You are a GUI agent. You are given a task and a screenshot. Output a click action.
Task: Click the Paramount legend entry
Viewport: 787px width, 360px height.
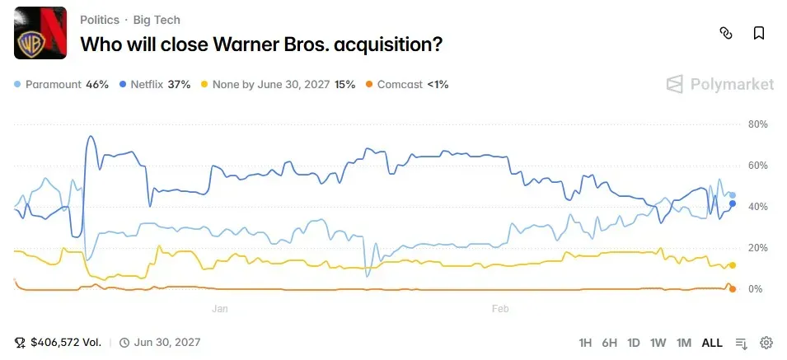click(62, 84)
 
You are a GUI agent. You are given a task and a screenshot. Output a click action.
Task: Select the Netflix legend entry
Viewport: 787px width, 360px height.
click(155, 84)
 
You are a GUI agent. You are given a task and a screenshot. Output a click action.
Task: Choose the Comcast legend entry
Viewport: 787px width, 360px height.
click(406, 84)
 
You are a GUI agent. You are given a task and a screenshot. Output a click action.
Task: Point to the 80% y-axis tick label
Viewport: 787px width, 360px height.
click(757, 124)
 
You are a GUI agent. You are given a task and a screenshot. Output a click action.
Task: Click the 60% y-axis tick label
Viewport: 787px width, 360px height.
click(757, 166)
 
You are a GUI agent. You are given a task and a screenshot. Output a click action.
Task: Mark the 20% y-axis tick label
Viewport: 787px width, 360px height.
click(757, 248)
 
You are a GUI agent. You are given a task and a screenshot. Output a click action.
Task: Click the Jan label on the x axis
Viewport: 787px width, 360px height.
click(220, 309)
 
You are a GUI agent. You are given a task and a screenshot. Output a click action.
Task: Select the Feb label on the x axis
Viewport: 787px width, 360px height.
click(499, 309)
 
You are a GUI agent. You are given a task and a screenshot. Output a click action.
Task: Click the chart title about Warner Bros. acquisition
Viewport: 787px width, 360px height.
click(260, 44)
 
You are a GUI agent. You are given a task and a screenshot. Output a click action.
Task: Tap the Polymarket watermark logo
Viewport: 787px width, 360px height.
click(719, 84)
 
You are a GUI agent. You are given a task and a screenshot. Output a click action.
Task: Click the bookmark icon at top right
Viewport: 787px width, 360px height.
click(759, 33)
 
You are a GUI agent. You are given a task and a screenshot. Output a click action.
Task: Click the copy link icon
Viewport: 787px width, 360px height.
click(726, 33)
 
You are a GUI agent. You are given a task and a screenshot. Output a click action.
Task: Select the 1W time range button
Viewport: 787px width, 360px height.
click(658, 343)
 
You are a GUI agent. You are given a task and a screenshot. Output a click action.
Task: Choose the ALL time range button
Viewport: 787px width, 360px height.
click(712, 343)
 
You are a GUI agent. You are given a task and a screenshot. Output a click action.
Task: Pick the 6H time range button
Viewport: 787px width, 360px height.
click(610, 343)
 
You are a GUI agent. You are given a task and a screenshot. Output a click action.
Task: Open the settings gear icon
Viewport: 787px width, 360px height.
click(766, 343)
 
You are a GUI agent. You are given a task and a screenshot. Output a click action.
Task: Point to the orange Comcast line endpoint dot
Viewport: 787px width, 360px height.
click(733, 288)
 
